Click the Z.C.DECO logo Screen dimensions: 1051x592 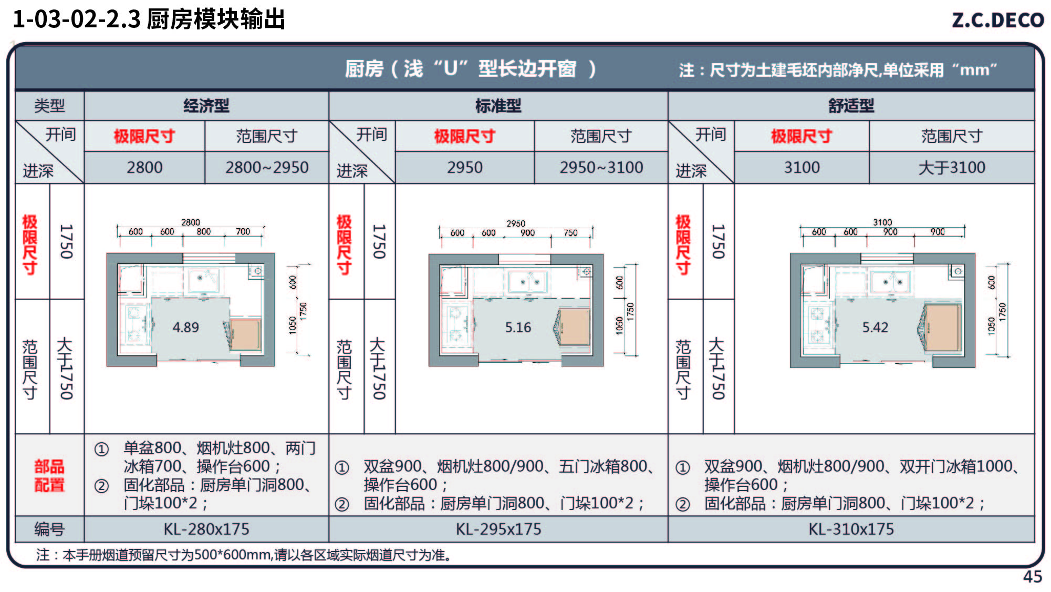coord(997,20)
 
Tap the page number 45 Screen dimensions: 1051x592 coord(1032,577)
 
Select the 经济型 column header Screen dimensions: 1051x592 coord(206,106)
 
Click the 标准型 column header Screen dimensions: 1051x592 coord(498,106)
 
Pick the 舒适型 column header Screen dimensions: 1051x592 coord(851,106)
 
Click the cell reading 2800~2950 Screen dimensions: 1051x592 coord(267,167)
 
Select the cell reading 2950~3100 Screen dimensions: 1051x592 coord(601,167)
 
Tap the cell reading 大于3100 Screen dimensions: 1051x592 coord(951,167)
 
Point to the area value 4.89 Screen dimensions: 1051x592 coord(186,327)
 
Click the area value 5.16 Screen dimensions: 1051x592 coord(518,327)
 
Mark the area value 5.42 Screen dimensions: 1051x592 coord(875,327)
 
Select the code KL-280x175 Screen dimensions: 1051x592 coord(206,529)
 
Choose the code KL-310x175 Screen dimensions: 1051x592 coord(851,529)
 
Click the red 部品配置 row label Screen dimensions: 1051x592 coord(49,475)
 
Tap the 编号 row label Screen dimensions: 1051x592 coord(49,529)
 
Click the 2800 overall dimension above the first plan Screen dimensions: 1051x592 coord(191,222)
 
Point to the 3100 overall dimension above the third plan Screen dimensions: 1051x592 coord(882,222)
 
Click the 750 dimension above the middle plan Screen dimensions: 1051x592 coord(570,232)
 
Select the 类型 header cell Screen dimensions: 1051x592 coord(49,106)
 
